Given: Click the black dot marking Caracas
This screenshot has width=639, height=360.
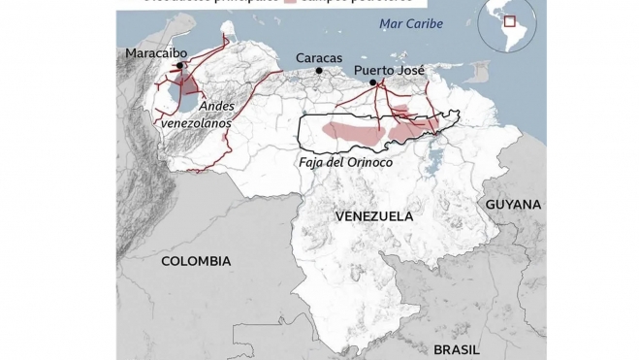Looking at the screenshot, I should click(318, 71).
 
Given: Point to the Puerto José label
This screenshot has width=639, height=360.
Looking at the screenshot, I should click(387, 71).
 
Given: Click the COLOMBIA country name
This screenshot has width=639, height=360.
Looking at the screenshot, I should click(196, 261).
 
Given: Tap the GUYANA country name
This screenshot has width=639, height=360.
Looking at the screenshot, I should click(514, 206).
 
